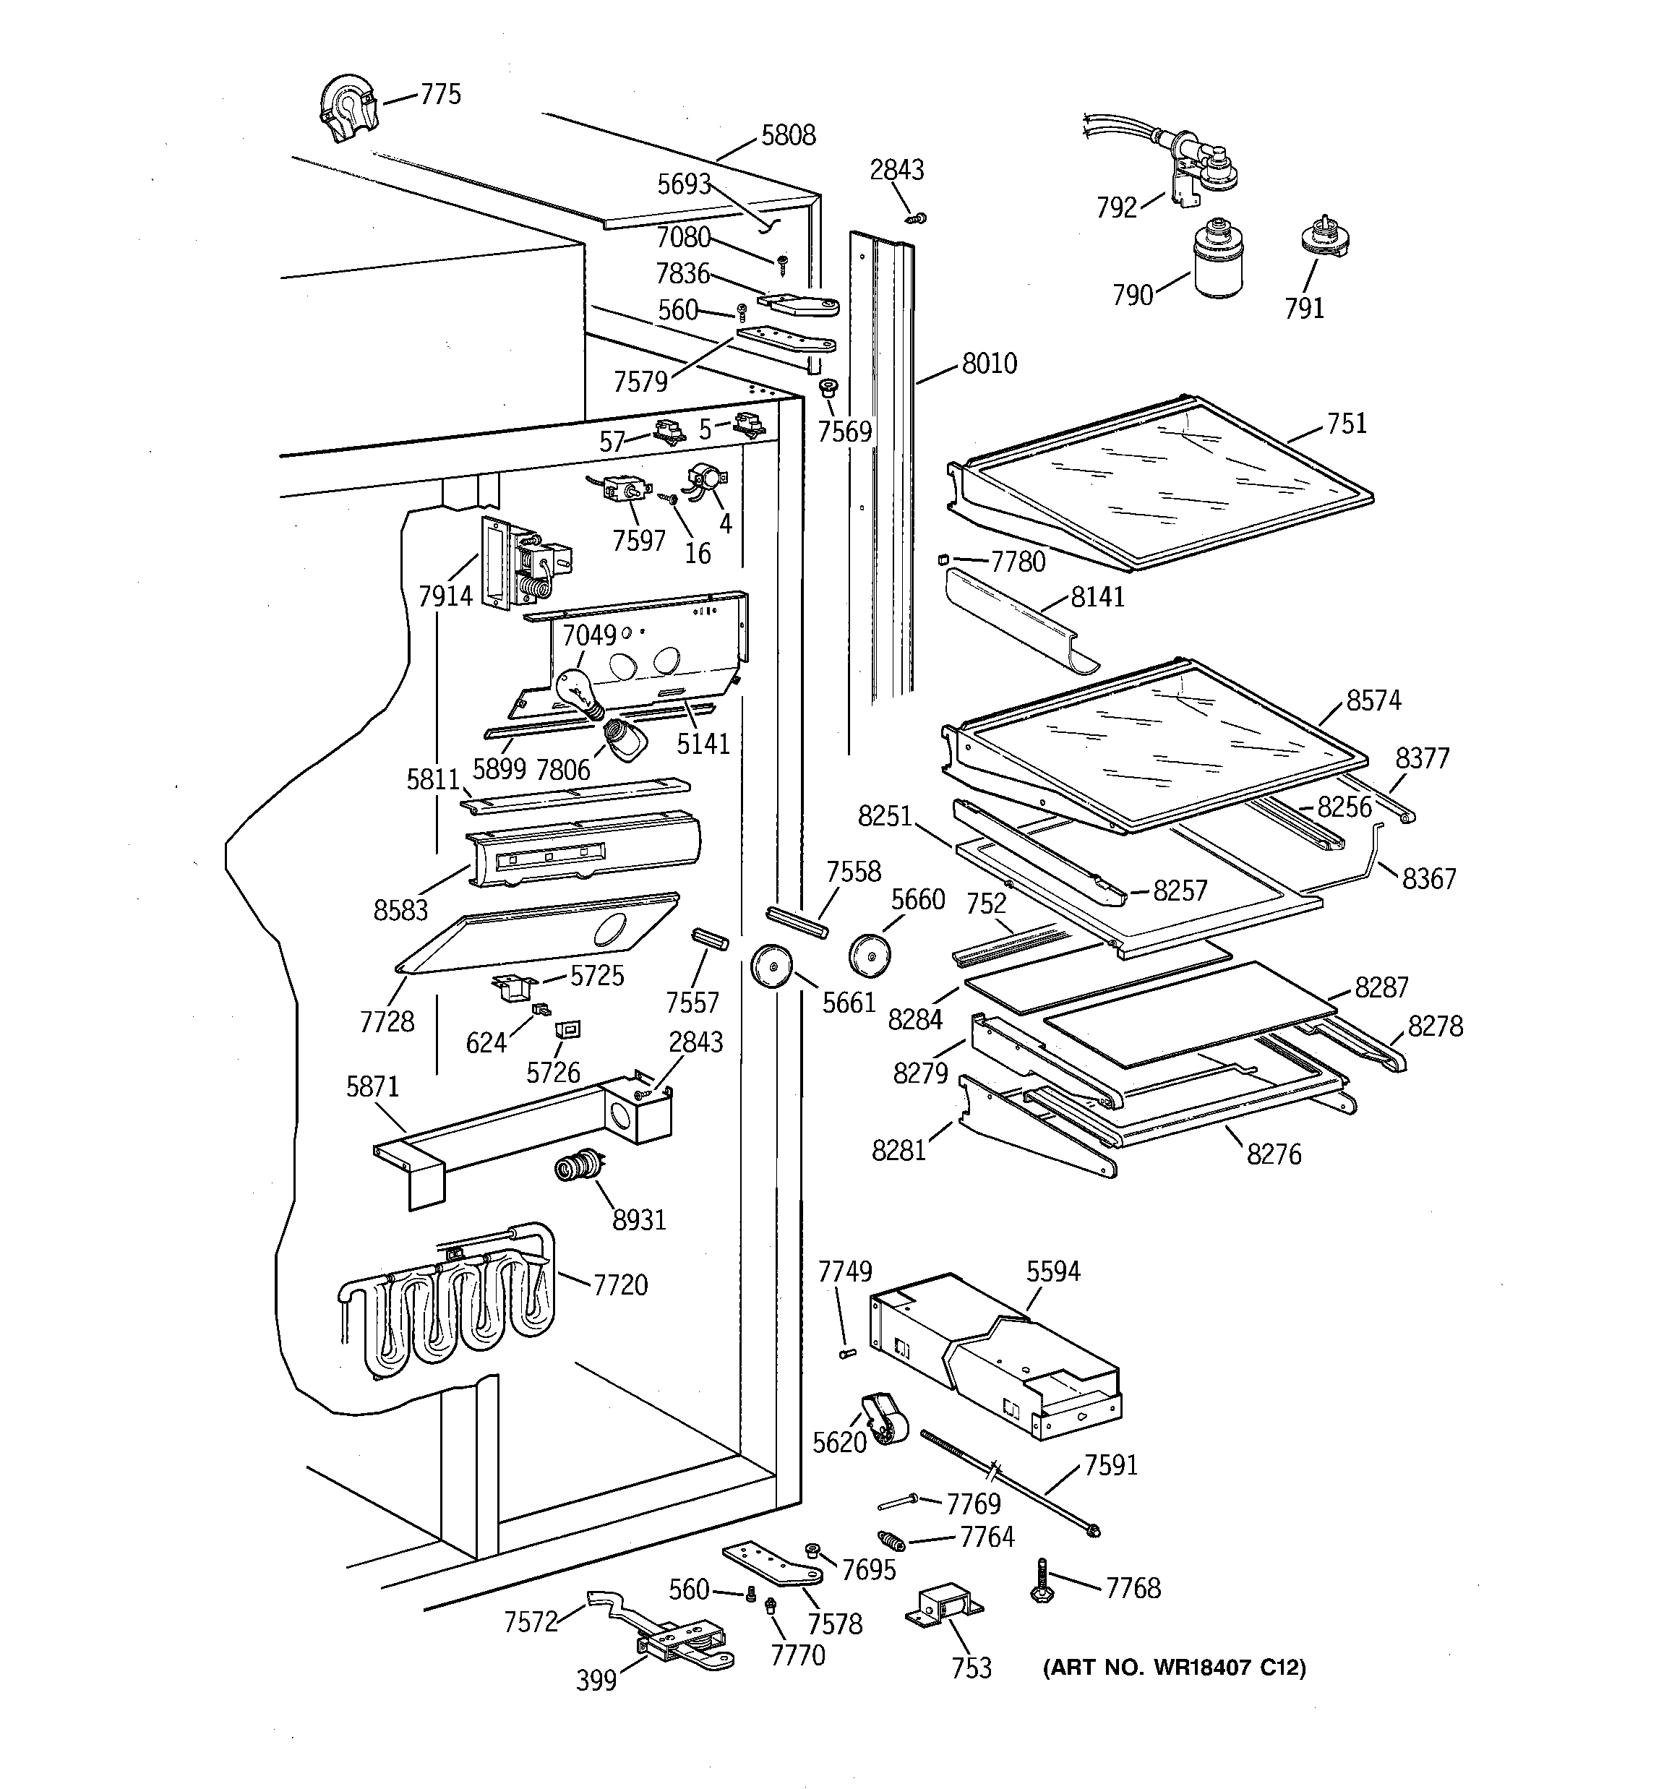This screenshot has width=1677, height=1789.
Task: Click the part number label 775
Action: coord(440,95)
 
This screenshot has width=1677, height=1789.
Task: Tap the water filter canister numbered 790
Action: coord(1217,260)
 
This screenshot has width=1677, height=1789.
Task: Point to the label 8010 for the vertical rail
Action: coord(990,364)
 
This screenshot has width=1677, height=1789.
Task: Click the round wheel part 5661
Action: coord(770,966)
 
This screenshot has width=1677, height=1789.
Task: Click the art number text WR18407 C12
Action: coord(1173,1668)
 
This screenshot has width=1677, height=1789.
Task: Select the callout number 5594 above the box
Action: coord(1053,1271)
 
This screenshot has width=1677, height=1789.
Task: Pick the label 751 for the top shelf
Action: coord(1347,423)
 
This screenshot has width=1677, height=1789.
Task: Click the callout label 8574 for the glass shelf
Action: coord(1373,700)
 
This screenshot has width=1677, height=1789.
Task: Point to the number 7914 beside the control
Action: coord(445,596)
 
